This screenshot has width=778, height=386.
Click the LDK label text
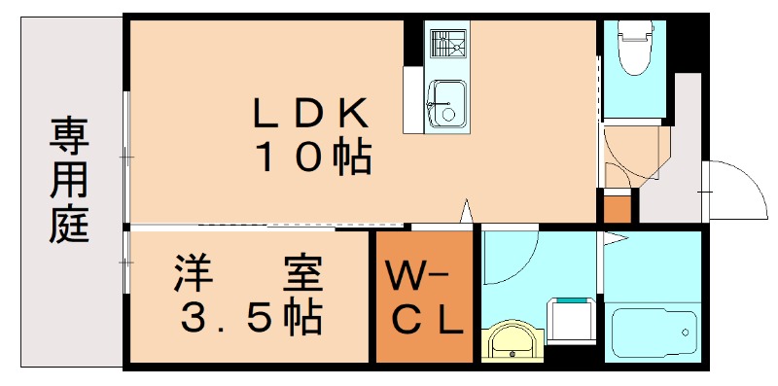pos(311,115)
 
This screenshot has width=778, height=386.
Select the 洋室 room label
pos(247,275)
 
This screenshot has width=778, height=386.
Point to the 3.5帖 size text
pos(248,316)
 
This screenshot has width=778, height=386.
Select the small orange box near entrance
pos(618,208)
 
